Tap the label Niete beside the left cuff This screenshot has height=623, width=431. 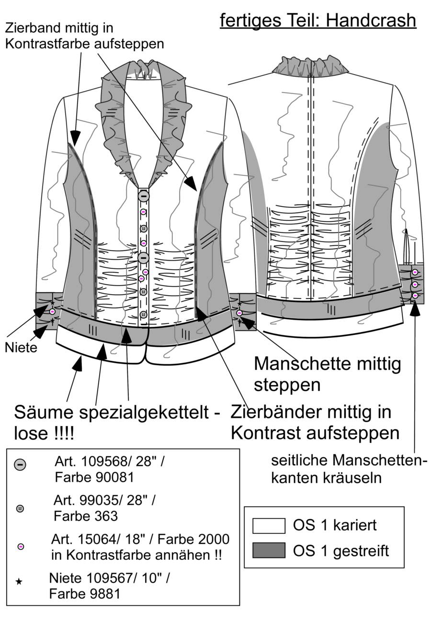click(x=21, y=347)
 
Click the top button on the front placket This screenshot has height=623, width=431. click(x=144, y=196)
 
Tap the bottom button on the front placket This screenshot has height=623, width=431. click(x=143, y=314)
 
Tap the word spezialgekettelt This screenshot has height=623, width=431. click(x=144, y=413)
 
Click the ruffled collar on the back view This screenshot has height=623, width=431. click(x=310, y=66)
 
